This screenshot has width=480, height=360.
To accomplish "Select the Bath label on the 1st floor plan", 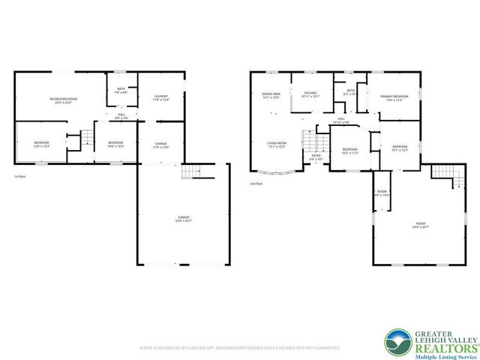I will [121, 91].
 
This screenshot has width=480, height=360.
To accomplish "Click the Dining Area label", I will [271, 95].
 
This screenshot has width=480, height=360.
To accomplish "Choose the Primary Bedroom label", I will [394, 97].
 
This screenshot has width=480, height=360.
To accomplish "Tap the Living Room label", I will [277, 144].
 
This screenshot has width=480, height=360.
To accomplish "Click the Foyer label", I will [316, 157].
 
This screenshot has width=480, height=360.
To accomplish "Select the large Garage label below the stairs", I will [184, 219].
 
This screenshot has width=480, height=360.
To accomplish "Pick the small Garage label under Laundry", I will [161, 145].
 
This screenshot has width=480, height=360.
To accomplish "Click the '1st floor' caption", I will [20, 177].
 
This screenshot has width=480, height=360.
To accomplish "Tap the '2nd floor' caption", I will [256, 183].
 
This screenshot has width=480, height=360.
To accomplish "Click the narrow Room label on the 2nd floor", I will [382, 193].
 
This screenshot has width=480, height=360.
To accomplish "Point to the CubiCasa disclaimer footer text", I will [240, 348].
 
